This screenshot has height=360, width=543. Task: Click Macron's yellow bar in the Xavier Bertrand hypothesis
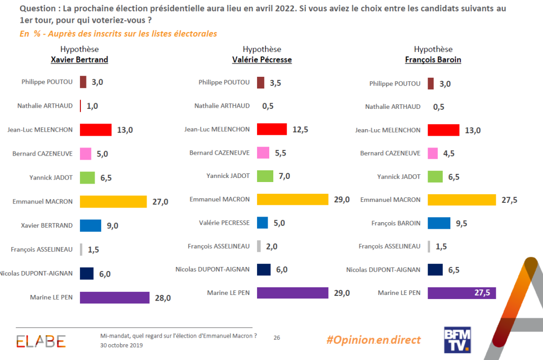pyautogui.click(x=113, y=201)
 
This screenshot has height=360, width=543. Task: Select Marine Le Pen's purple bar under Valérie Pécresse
pyautogui.click(x=293, y=293)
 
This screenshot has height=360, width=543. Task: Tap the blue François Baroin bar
pyautogui.click(x=439, y=223)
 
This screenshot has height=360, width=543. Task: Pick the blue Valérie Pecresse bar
pyautogui.click(x=263, y=223)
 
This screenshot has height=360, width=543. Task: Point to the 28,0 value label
pyautogui.click(x=163, y=298)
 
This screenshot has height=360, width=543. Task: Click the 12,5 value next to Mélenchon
pyautogui.click(x=300, y=130)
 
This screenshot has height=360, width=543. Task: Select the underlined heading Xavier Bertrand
pyautogui.click(x=79, y=59)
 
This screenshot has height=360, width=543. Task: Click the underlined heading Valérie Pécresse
pyautogui.click(x=262, y=59)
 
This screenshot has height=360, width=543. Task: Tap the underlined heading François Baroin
pyautogui.click(x=433, y=59)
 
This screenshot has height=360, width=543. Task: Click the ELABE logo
pyautogui.click(x=41, y=342)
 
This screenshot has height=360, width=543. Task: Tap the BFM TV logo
pyautogui.click(x=458, y=340)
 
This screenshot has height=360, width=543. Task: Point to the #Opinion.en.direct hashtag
pyautogui.click(x=374, y=340)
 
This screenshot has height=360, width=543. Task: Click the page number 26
pyautogui.click(x=277, y=337)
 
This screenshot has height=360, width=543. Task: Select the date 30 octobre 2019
pyautogui.click(x=122, y=346)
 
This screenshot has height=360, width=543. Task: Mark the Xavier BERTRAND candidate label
pyautogui.click(x=47, y=225)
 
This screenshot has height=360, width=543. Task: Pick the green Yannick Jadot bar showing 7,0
pyautogui.click(x=265, y=176)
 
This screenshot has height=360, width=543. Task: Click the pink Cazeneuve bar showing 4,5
pyautogui.click(x=433, y=153)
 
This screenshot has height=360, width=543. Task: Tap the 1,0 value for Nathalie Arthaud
pyautogui.click(x=92, y=106)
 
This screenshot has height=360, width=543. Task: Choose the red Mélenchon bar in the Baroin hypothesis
pyautogui.click(x=443, y=130)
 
